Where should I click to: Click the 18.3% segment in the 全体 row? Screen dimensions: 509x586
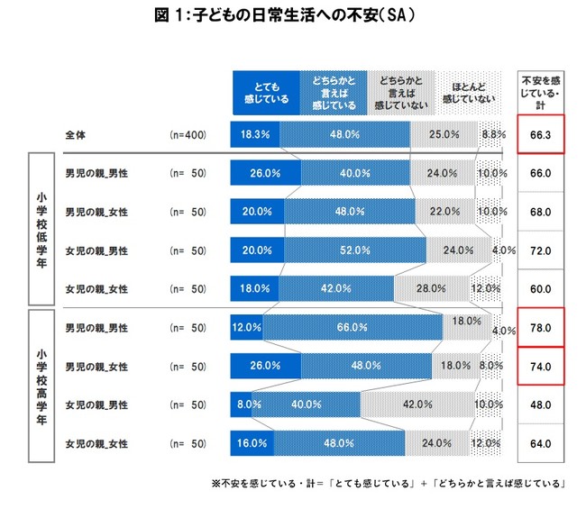(255, 135)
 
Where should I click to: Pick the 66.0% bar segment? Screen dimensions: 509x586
(353, 328)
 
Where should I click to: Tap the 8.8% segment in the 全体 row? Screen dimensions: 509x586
(492, 135)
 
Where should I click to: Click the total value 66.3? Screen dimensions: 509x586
(541, 135)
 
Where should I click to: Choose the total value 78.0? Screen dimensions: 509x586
(541, 328)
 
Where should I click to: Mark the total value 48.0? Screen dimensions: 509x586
(541, 405)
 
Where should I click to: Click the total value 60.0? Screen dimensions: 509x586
(541, 289)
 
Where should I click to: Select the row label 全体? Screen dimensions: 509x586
(76, 135)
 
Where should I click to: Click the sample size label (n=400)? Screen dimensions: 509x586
(189, 135)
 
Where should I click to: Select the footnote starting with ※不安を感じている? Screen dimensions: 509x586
(389, 485)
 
